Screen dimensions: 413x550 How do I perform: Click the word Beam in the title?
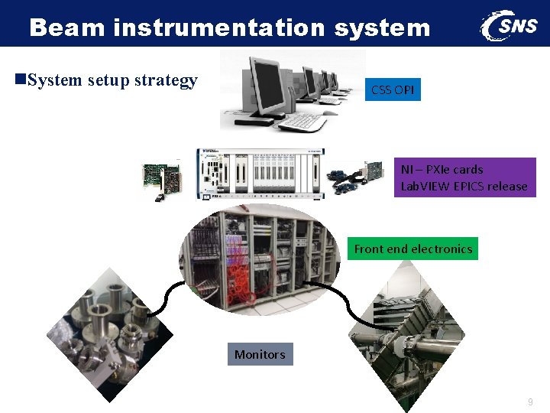(67, 28)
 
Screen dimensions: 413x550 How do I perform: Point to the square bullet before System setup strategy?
(21, 80)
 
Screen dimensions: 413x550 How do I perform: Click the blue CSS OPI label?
(393, 90)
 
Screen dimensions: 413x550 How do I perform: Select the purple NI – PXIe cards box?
(464, 177)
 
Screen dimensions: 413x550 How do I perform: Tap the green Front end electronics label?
(413, 249)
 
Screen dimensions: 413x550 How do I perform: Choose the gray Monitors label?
(260, 354)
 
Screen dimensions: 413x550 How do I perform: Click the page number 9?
(530, 402)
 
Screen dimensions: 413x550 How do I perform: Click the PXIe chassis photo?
(260, 174)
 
